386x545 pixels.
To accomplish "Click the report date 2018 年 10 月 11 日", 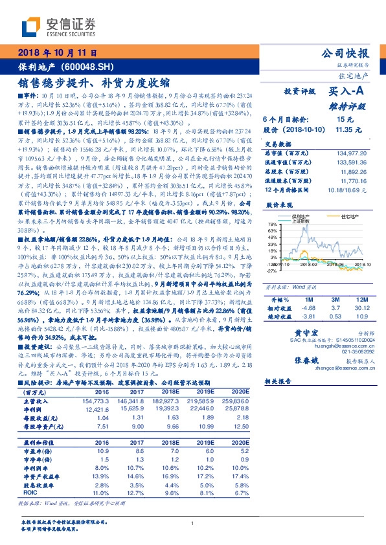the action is pos(58,52).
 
